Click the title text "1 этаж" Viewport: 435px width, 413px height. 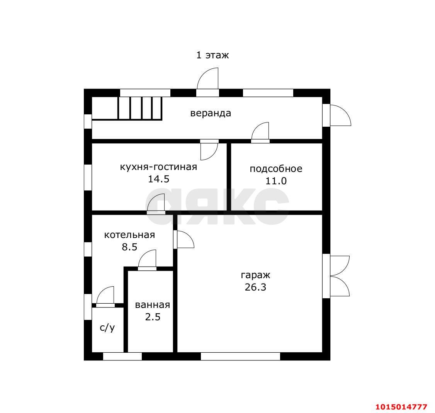(212, 55)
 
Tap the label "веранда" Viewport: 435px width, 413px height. (211, 113)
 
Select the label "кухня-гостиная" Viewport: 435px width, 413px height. (158, 167)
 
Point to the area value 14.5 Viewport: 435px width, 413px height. (158, 179)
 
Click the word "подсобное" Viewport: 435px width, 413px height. (276, 169)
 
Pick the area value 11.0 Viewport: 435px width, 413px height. (276, 181)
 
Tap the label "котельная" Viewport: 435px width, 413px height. (129, 235)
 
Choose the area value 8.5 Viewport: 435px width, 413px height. (129, 247)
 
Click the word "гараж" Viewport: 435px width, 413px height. (255, 275)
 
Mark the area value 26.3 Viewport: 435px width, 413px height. (255, 287)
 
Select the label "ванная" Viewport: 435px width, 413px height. (153, 305)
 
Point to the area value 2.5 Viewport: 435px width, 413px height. (153, 317)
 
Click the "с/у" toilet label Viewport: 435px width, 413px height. (107, 328)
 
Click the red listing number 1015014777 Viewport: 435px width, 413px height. (401, 407)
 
